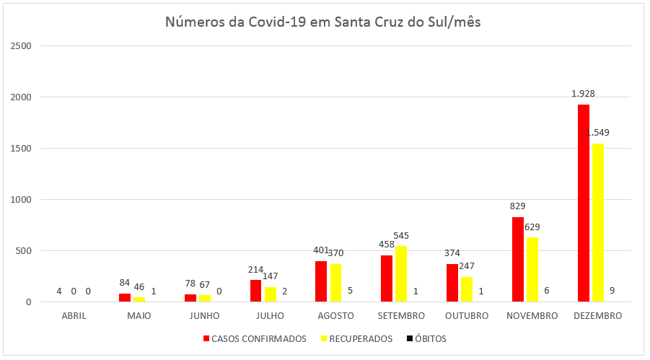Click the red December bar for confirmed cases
tap(584, 203)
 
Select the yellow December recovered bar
tap(598, 222)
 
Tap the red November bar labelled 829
tap(517, 259)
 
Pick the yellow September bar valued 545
tap(401, 273)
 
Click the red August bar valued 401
tap(321, 281)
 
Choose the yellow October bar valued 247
tap(467, 289)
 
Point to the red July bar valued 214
tap(255, 291)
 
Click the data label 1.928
tap(583, 93)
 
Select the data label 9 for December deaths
tap(612, 291)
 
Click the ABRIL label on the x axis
tap(73, 316)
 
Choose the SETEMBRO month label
tap(400, 316)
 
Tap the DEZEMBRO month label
tap(597, 316)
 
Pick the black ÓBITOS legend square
tap(410, 338)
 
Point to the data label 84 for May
tap(124, 281)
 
